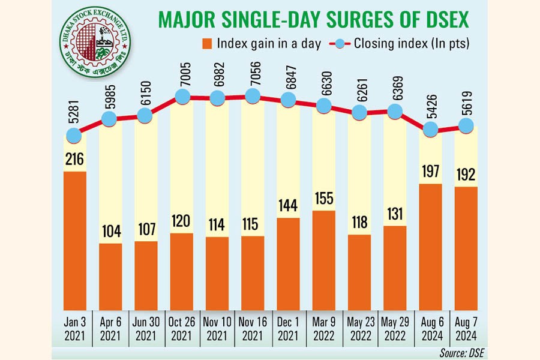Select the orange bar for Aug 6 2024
[430, 246]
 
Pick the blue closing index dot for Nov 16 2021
[253, 95]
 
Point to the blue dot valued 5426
[430, 129]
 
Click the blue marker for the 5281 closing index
[74, 136]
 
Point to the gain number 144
[288, 206]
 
